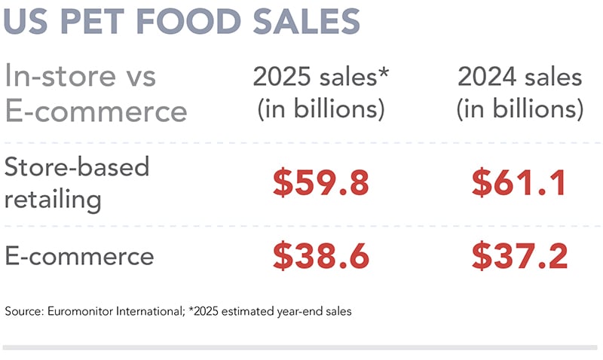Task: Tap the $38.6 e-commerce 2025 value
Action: pyautogui.click(x=320, y=257)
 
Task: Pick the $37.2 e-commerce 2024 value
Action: pyautogui.click(x=519, y=257)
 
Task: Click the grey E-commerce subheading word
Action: pyautogui.click(x=96, y=111)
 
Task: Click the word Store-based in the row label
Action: pyautogui.click(x=76, y=166)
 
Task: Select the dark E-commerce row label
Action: pyautogui.click(x=79, y=256)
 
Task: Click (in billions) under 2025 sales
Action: pyautogui.click(x=321, y=110)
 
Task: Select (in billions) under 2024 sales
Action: pyautogui.click(x=519, y=110)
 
